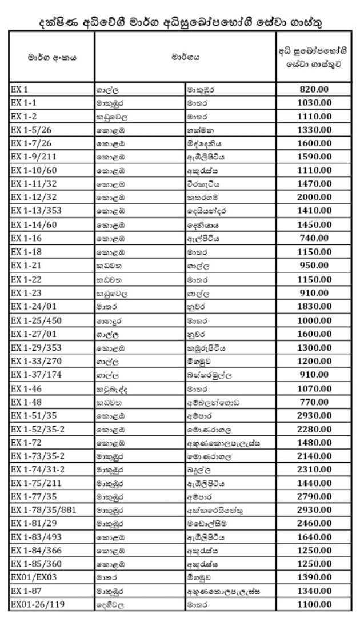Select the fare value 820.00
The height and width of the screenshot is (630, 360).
(315, 89)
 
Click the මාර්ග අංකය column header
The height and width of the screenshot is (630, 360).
(51, 58)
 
